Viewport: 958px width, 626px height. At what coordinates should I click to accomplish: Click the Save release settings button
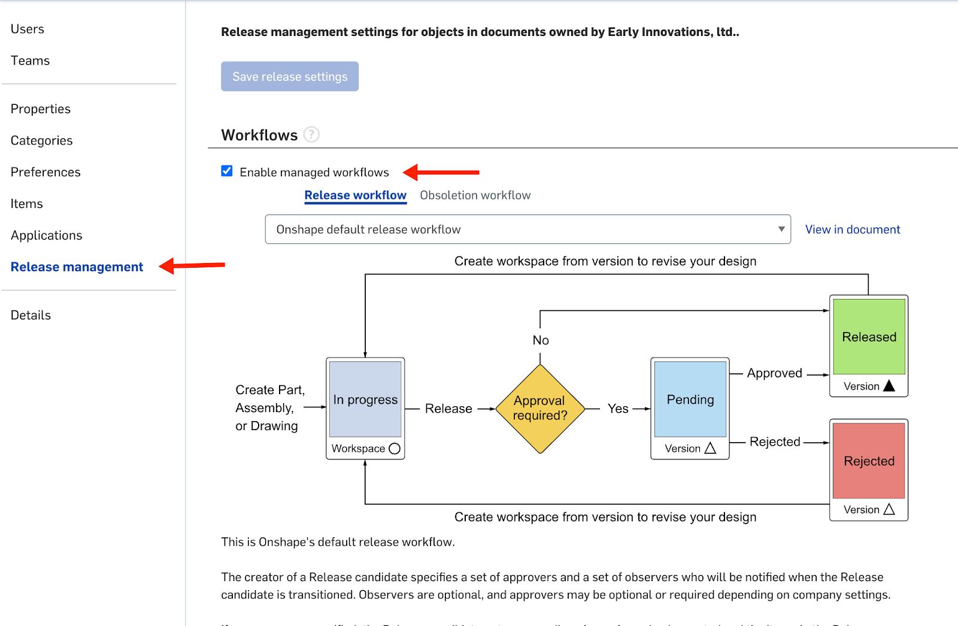(290, 77)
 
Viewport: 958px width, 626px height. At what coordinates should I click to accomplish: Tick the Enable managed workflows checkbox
(227, 171)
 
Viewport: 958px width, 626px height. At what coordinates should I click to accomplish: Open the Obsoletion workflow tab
(475, 195)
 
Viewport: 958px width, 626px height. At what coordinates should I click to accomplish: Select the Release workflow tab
(355, 195)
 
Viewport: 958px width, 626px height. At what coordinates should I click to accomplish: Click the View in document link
(852, 229)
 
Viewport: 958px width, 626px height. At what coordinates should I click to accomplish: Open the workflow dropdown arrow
(781, 229)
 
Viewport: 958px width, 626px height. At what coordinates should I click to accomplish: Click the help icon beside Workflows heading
(311, 135)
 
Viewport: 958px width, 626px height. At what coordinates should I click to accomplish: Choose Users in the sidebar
(28, 29)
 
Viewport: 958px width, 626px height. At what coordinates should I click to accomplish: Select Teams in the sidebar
(30, 61)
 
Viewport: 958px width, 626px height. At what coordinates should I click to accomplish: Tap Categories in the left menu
(41, 140)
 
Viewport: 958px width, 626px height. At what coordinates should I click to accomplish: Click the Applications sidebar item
(46, 235)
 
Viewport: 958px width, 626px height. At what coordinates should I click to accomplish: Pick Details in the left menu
(31, 315)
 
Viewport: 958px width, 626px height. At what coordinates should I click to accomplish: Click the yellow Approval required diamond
(540, 408)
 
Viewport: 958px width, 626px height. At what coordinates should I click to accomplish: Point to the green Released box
(869, 337)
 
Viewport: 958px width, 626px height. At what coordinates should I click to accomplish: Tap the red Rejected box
(869, 461)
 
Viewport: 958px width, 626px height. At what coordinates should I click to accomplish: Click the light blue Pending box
(690, 400)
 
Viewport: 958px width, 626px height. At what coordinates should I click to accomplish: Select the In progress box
(365, 400)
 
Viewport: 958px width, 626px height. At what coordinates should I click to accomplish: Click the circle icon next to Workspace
(395, 449)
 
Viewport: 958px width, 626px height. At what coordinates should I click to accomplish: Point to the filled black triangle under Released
(889, 386)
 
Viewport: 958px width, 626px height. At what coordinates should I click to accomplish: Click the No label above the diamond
(541, 340)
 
